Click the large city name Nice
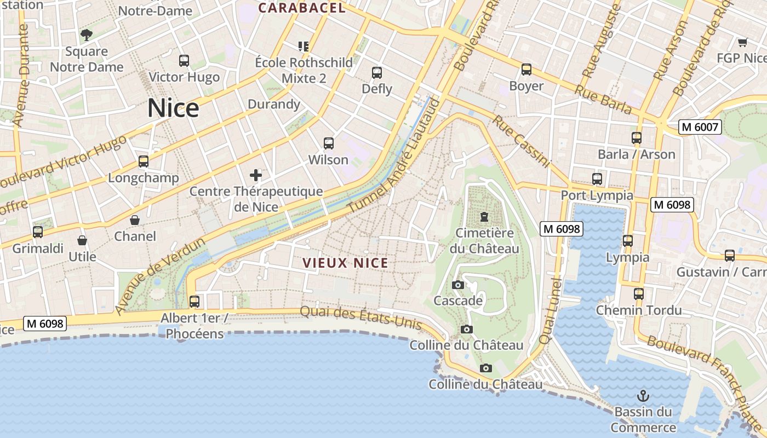[173, 108]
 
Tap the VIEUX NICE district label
[346, 263]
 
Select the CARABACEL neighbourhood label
[302, 8]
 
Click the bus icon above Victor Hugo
[184, 61]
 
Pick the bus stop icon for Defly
[377, 72]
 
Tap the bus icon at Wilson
[329, 143]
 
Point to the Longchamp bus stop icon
[144, 162]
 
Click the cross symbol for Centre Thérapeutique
[256, 175]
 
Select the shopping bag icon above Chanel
[135, 220]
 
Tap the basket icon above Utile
[82, 240]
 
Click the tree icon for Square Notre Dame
[87, 36]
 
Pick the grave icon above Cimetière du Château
[484, 217]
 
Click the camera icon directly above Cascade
[458, 285]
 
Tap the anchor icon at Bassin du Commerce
[643, 395]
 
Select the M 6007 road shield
[699, 128]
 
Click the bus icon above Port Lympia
[597, 179]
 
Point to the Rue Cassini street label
[521, 141]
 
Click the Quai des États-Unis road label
[361, 318]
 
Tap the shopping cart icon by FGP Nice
[742, 42]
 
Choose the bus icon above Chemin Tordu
[639, 294]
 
